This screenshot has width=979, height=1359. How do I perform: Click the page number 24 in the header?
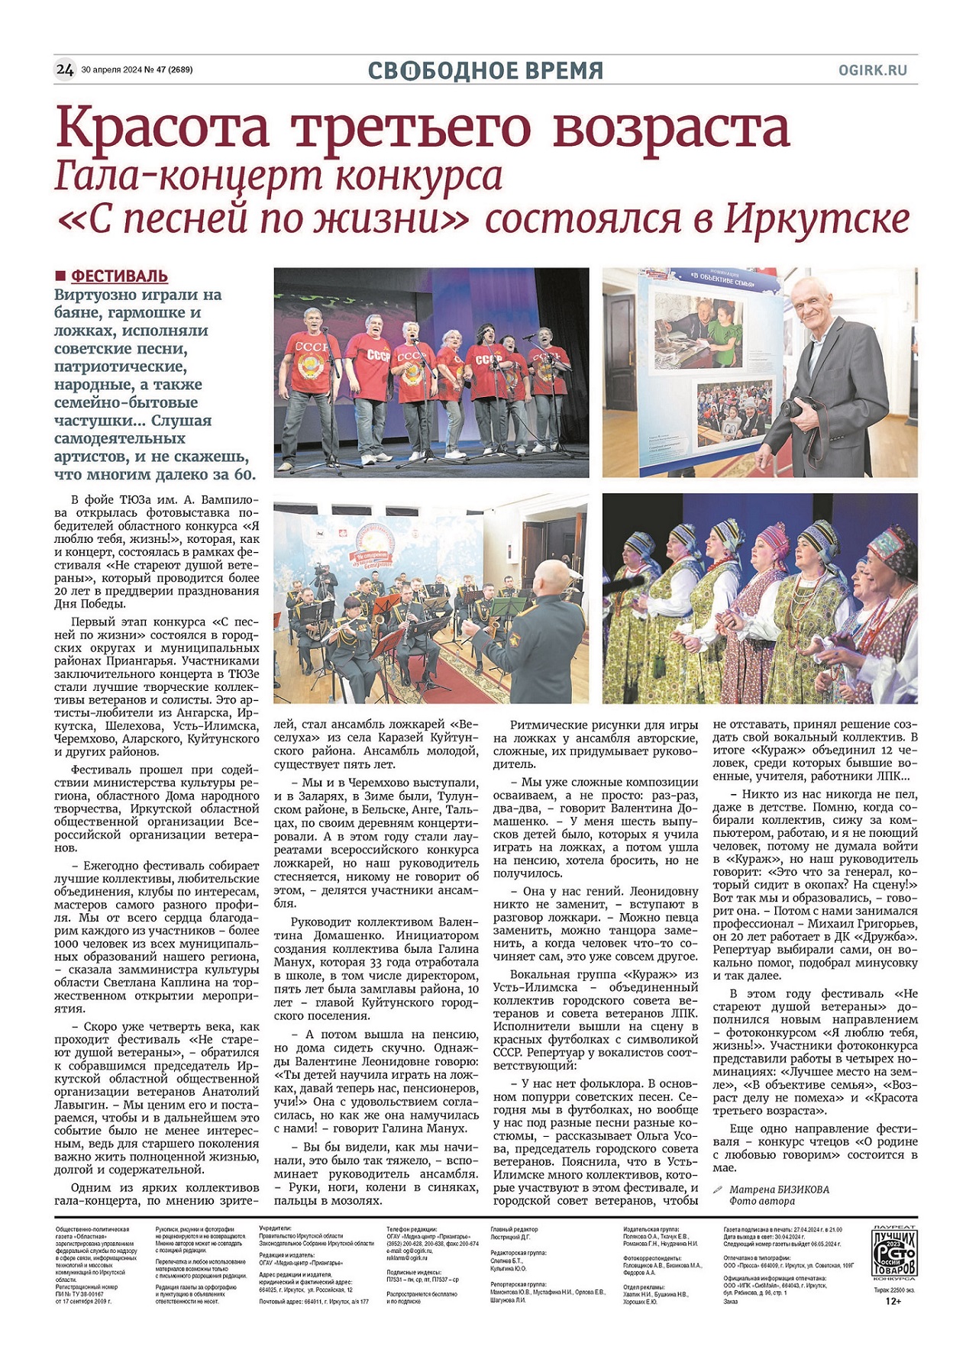[x=65, y=70]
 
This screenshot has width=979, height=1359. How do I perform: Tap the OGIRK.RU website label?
[x=872, y=70]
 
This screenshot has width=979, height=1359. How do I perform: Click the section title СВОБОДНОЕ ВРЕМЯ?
[x=486, y=71]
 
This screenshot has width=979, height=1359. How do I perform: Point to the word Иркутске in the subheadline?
[x=816, y=219]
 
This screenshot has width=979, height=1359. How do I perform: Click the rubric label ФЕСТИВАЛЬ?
[x=119, y=276]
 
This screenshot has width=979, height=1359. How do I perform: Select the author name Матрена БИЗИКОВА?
[x=779, y=1189]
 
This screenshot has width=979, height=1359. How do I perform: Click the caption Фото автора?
[x=761, y=1201]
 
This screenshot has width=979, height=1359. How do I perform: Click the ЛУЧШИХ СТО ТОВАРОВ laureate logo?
[x=894, y=1255]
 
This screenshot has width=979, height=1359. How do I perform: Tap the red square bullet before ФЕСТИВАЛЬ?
[x=60, y=276]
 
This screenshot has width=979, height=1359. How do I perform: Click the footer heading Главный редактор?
[x=514, y=1229]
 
